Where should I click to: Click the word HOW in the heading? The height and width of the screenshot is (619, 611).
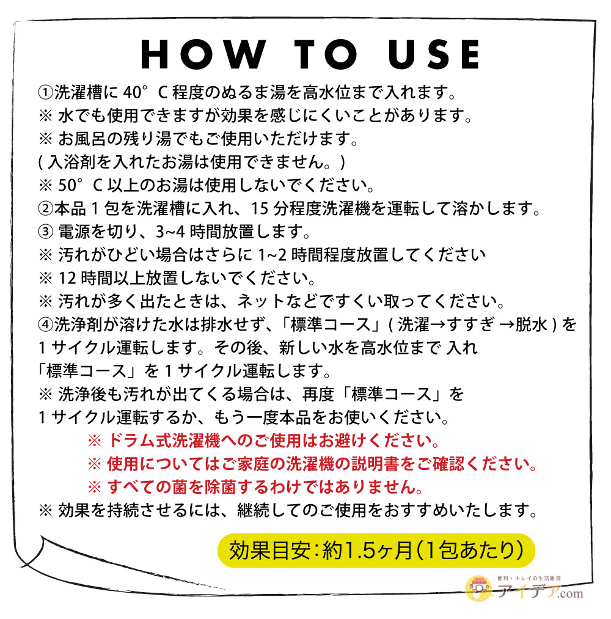pyautogui.click(x=203, y=54)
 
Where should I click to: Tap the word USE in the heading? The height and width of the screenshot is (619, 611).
pyautogui.click(x=434, y=54)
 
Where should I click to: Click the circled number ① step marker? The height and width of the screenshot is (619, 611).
pyautogui.click(x=45, y=93)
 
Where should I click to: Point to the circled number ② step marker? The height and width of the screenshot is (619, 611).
pyautogui.click(x=45, y=209)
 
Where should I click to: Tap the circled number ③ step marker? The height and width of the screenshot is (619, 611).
pyautogui.click(x=45, y=232)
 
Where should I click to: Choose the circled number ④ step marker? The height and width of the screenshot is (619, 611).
pyautogui.click(x=45, y=325)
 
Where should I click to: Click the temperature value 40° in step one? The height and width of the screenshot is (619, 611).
pyautogui.click(x=136, y=92)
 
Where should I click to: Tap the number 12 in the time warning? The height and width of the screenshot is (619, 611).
pyautogui.click(x=67, y=279)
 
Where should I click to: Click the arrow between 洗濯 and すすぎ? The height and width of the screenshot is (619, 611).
pyautogui.click(x=438, y=325)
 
